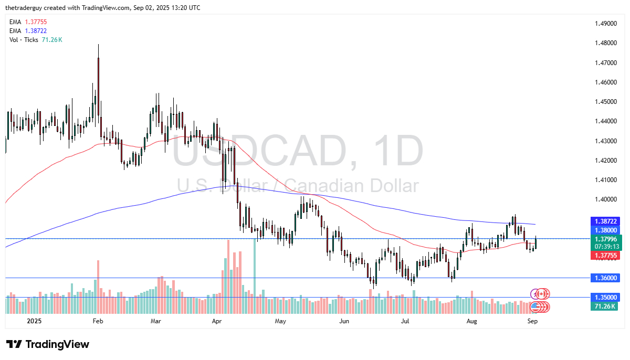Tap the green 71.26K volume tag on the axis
605,306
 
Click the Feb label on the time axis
97,320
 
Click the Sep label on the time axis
531,320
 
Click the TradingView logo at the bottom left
48,344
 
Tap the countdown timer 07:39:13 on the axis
605,246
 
